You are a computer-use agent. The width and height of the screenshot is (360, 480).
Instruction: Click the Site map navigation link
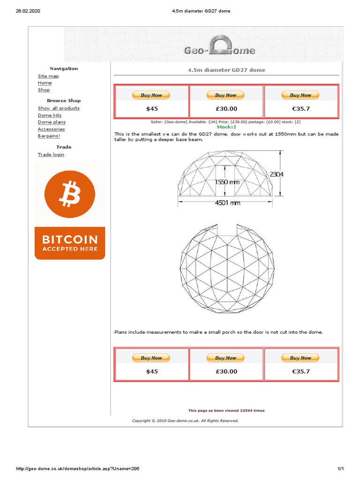[x=48, y=76]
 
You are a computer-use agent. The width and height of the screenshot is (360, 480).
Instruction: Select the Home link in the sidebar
[x=45, y=83]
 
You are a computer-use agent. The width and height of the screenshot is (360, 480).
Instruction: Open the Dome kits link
[x=49, y=115]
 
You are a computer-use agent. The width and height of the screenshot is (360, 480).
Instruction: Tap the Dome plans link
[x=52, y=122]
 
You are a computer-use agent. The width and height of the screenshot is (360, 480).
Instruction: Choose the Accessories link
[x=51, y=129]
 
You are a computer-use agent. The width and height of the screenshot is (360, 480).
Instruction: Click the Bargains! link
[x=49, y=136]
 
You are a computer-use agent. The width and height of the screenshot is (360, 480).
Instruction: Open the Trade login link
[x=51, y=155]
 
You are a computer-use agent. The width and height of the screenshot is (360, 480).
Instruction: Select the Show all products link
[x=59, y=108]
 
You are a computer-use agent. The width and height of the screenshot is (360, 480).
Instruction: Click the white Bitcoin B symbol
[x=69, y=194]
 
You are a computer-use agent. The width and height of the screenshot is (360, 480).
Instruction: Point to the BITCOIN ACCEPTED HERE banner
[x=70, y=243]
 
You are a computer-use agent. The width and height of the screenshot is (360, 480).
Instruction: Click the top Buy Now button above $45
[x=151, y=95]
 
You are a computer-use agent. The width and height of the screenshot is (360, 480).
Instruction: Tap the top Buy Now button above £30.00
[x=226, y=95]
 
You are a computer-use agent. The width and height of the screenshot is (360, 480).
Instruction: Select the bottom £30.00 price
[x=226, y=371]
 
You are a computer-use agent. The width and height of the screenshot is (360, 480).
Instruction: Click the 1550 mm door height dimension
[x=227, y=182]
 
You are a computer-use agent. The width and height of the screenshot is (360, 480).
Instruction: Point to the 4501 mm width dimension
[x=227, y=203]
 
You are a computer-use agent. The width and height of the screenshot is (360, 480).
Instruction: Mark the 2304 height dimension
[x=277, y=174]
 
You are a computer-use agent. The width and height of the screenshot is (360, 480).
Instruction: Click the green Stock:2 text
[x=226, y=127]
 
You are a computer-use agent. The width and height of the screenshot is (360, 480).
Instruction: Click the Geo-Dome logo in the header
[x=219, y=49]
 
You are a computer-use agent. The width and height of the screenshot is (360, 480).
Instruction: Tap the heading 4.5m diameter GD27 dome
[x=226, y=70]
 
